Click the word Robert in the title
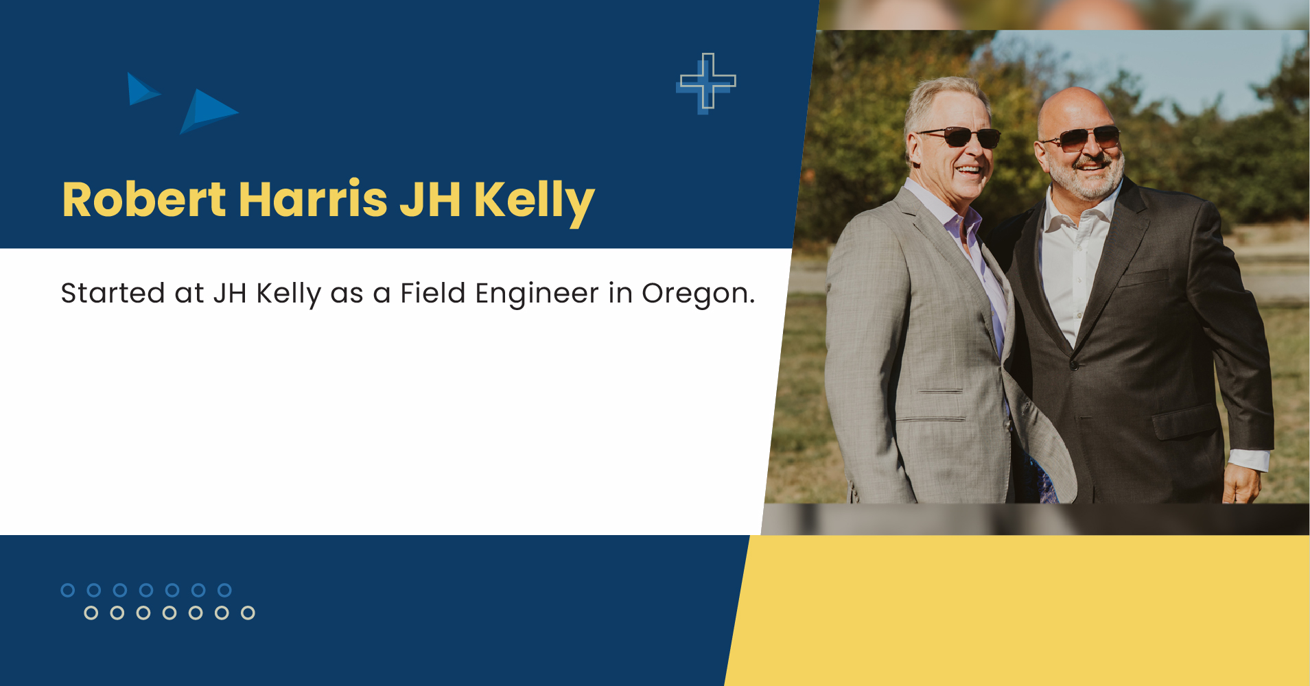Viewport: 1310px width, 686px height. pos(143,200)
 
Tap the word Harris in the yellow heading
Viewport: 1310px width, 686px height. pos(313,200)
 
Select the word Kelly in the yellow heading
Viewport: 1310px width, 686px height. pos(534,201)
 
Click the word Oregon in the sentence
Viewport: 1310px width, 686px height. pos(697,294)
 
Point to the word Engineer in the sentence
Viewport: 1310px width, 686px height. pos(537,294)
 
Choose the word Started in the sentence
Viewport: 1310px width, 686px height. pos(113,293)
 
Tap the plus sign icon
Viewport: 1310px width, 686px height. pos(707,82)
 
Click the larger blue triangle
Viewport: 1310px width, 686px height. pos(207,110)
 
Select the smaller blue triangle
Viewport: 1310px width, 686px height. pos(141,89)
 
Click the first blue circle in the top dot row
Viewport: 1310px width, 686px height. pos(68,590)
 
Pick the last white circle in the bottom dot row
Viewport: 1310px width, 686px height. pos(248,613)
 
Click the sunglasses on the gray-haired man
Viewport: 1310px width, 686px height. pos(961,137)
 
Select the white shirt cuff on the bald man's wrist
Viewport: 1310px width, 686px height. pos(1248,459)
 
